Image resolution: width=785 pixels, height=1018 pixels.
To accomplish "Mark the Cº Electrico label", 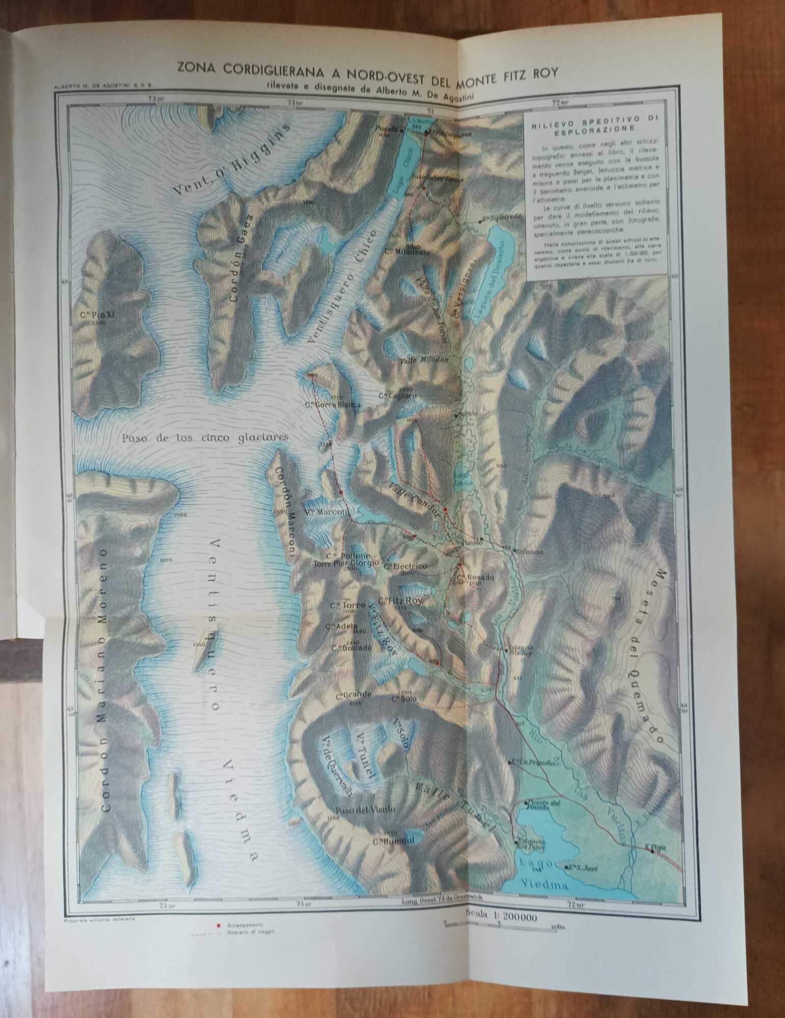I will click(x=405, y=566).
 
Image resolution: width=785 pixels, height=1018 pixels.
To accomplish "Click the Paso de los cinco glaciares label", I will click(x=205, y=437).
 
